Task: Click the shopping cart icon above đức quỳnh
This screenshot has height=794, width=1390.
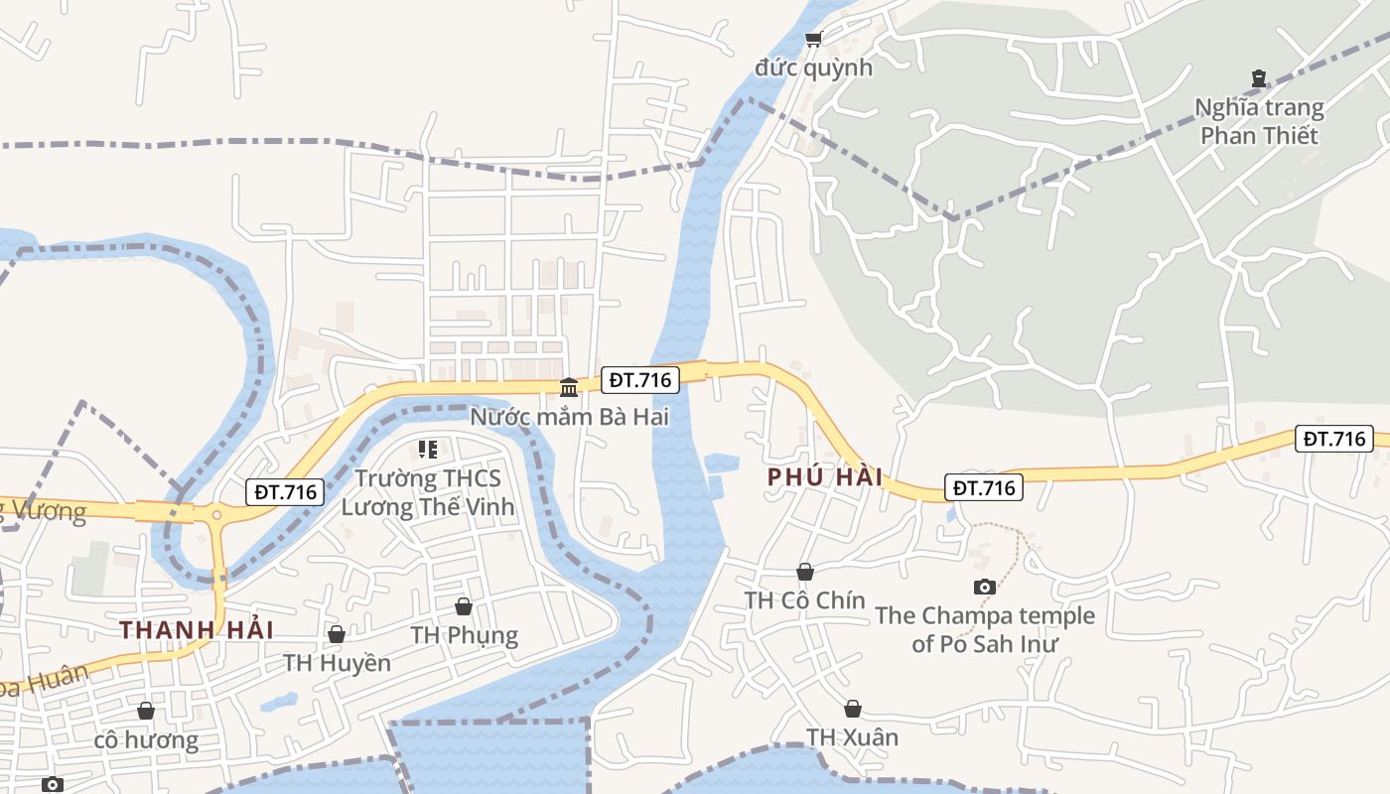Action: pyautogui.click(x=814, y=39)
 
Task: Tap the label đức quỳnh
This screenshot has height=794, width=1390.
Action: pyautogui.click(x=813, y=67)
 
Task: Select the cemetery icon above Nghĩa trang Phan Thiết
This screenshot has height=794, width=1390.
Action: pyautogui.click(x=1259, y=77)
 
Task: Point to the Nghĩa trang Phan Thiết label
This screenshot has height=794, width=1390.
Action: pyautogui.click(x=1259, y=121)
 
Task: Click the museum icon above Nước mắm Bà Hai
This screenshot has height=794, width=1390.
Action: pyautogui.click(x=569, y=386)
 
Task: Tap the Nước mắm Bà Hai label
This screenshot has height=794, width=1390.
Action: pyautogui.click(x=569, y=416)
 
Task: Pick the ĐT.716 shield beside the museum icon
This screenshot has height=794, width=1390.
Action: pyautogui.click(x=640, y=379)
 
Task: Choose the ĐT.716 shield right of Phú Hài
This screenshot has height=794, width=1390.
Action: pyautogui.click(x=984, y=487)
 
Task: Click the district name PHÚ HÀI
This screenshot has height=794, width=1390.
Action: pyautogui.click(x=825, y=476)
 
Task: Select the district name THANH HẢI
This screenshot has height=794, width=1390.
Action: pyautogui.click(x=197, y=629)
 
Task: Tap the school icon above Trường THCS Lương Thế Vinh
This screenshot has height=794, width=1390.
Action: pyautogui.click(x=429, y=450)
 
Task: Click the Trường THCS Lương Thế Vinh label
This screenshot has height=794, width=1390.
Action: pyautogui.click(x=428, y=492)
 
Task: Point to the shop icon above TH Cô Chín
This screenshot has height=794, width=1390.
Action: pyautogui.click(x=805, y=572)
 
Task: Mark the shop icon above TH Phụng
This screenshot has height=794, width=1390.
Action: pyautogui.click(x=464, y=605)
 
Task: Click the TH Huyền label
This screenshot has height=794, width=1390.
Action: pyautogui.click(x=337, y=662)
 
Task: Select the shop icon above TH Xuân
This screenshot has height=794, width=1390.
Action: pyautogui.click(x=852, y=709)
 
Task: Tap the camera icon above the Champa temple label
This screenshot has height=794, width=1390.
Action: pyautogui.click(x=984, y=587)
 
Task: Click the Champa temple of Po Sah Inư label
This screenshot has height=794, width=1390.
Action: pyautogui.click(x=984, y=629)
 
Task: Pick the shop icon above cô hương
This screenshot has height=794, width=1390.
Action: pyautogui.click(x=146, y=711)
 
